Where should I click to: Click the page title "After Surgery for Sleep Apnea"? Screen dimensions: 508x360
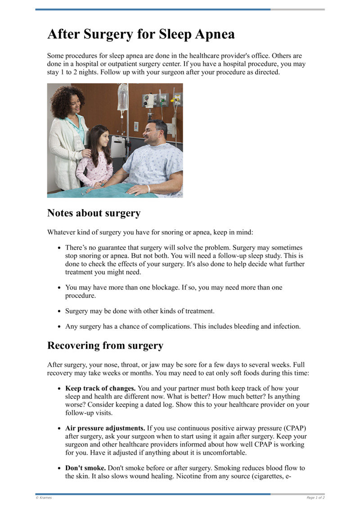coord(141,35)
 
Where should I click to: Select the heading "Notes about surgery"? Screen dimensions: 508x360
coord(94,213)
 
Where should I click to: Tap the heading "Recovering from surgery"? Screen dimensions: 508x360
coord(105,346)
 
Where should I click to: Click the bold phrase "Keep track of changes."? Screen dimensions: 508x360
coord(100,388)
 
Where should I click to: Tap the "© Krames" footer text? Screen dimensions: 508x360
coord(44,498)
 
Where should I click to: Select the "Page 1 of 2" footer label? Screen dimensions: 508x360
coord(315,498)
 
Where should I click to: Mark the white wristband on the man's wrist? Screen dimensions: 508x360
coord(148,189)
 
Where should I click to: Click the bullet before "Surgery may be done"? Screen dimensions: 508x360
coord(60,311)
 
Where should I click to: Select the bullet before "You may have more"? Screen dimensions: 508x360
coord(60,287)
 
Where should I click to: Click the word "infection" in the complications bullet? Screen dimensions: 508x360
coord(286,326)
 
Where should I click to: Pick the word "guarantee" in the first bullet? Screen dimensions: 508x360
coord(111,248)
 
